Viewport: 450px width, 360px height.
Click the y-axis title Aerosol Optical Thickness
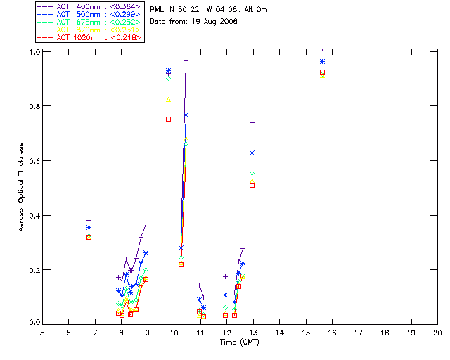click(22, 188)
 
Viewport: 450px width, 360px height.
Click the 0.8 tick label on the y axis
click(32, 106)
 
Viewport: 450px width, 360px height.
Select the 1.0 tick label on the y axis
click(32, 52)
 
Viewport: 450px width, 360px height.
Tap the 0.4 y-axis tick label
click(32, 215)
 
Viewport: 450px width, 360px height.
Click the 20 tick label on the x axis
click(437, 332)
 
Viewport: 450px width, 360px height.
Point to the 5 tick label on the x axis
click(42, 332)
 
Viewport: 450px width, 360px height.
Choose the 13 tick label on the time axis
click(253, 332)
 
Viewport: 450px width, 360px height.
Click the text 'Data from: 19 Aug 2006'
click(194, 22)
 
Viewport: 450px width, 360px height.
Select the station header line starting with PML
click(209, 10)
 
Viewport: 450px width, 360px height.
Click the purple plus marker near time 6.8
click(89, 220)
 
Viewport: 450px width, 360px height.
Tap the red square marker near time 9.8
click(168, 119)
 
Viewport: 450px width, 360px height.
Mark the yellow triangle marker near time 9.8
click(168, 100)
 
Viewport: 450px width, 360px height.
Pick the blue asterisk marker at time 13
click(252, 153)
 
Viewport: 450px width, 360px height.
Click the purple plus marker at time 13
click(252, 122)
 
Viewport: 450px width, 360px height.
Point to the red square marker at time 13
click(252, 186)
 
